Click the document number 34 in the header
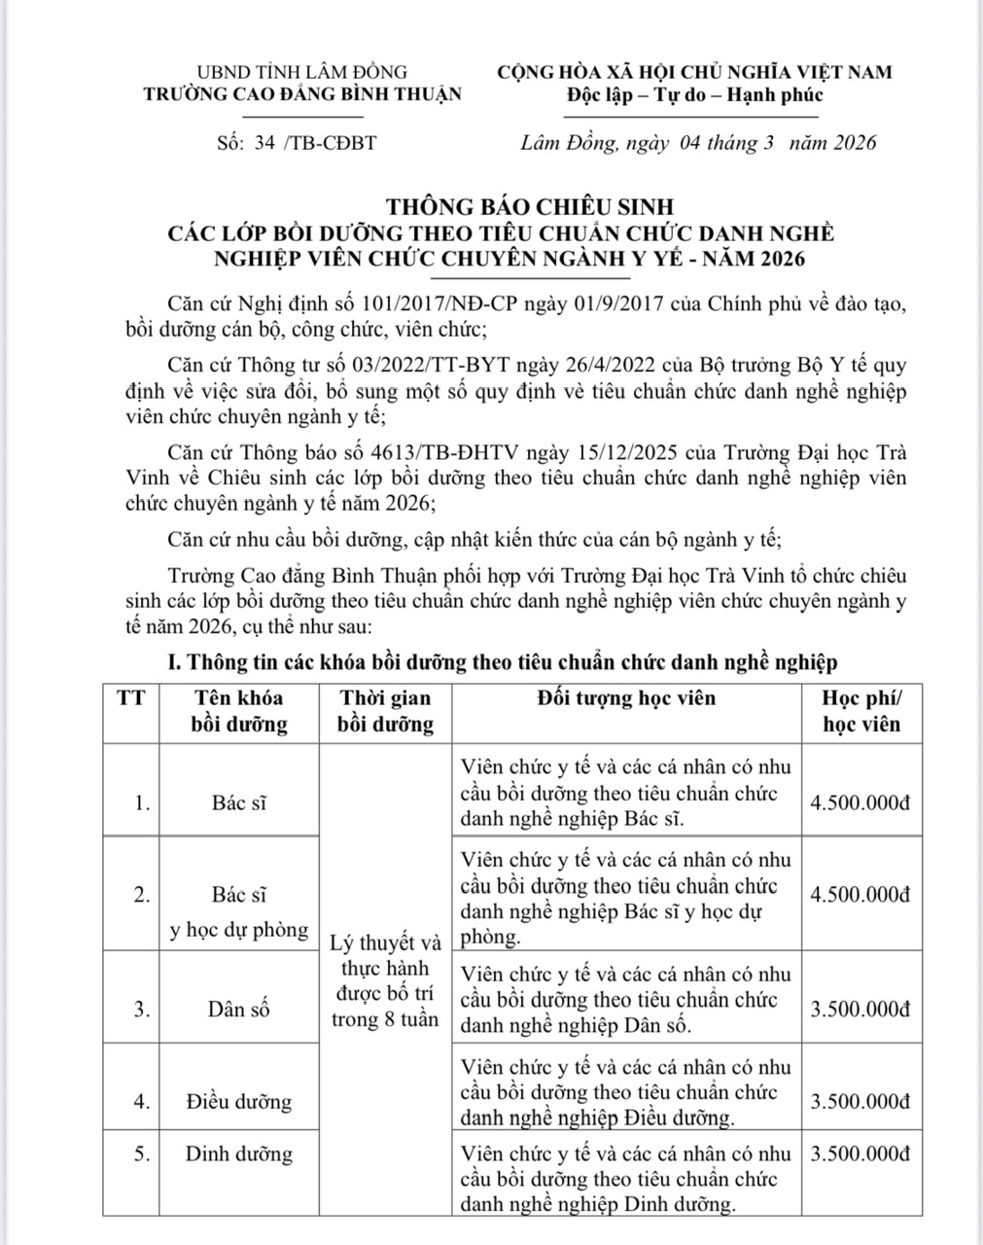pyautogui.click(x=263, y=143)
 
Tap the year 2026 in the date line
pyautogui.click(x=853, y=143)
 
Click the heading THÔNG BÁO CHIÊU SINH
pyautogui.click(x=530, y=206)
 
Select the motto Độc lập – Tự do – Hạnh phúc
pyautogui.click(x=694, y=94)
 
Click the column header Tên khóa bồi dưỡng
pyautogui.click(x=239, y=711)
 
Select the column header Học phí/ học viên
pyautogui.click(x=861, y=711)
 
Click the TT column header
pyautogui.click(x=131, y=698)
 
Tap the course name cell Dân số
pyautogui.click(x=238, y=1009)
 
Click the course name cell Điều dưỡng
pyautogui.click(x=238, y=1101)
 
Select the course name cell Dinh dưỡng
pyautogui.click(x=238, y=1155)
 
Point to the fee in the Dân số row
pyautogui.click(x=860, y=1009)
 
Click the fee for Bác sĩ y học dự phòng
pyautogui.click(x=860, y=895)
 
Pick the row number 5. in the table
pyautogui.click(x=142, y=1155)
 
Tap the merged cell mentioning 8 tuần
pyautogui.click(x=385, y=981)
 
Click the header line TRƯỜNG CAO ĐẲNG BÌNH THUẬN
pyautogui.click(x=303, y=94)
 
